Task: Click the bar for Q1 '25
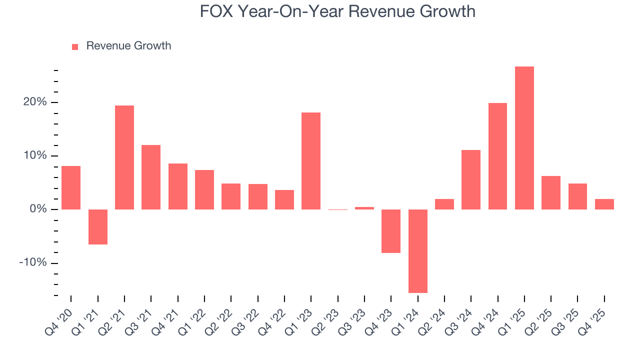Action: pos(524,137)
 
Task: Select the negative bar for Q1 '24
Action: pos(417,251)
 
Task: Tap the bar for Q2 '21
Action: pos(124,157)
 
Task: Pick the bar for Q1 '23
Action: pos(311,160)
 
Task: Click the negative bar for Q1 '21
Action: pos(97,226)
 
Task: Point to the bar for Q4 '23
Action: pos(391,231)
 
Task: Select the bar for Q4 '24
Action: pos(497,156)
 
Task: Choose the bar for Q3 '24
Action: pos(471,179)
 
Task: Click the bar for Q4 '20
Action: pos(71,187)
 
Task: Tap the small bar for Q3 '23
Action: pos(364,208)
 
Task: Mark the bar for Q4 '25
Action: pos(604,204)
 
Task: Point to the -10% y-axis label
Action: pos(33,263)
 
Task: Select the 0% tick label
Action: pos(38,209)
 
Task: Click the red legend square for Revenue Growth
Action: pos(75,47)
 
